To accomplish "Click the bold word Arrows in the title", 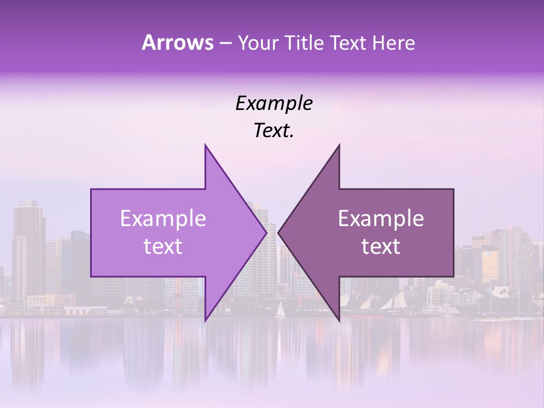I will point(177,42).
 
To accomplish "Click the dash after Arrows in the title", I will point(225,43).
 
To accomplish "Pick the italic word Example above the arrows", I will point(274,103).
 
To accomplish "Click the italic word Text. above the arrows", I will point(274,130).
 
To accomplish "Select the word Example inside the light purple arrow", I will point(163,218).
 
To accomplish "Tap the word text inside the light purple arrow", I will point(163,246).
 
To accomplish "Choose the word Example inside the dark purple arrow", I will point(381,218).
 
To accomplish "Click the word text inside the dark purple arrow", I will point(381,246).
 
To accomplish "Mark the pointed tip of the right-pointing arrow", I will point(266,232).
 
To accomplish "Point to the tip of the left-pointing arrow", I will point(278,232).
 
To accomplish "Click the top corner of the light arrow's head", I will point(205,145).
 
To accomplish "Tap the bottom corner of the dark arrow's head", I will point(339,321).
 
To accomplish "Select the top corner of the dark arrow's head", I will point(339,145).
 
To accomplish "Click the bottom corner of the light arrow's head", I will point(205,321).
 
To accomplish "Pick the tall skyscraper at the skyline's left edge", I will point(28,249).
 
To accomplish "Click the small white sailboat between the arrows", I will point(279,309).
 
